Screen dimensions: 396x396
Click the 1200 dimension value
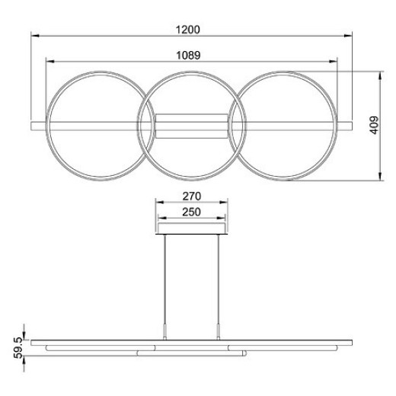[191, 30]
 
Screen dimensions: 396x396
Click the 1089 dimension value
[191, 55]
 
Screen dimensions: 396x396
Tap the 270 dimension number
[191, 195]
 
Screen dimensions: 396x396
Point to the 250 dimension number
[191, 212]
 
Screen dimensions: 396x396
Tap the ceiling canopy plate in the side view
[191, 231]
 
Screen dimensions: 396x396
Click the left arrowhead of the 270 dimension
[157, 203]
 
